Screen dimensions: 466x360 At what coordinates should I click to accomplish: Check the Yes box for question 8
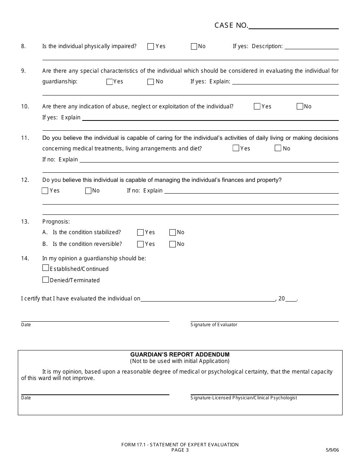(150, 47)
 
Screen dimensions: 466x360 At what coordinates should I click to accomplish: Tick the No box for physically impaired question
(194, 47)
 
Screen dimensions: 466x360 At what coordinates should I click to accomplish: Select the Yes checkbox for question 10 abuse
(257, 106)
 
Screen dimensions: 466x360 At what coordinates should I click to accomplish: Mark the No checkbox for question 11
(278, 148)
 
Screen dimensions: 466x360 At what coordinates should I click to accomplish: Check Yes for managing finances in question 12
(45, 191)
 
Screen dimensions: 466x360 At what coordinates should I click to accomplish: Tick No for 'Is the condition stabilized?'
(172, 233)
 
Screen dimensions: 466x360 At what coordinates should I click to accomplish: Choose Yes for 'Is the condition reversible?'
(140, 244)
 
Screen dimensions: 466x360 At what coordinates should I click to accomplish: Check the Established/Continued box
(46, 268)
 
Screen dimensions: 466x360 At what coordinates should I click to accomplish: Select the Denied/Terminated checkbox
(46, 280)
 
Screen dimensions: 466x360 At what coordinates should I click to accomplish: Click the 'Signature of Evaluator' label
(214, 325)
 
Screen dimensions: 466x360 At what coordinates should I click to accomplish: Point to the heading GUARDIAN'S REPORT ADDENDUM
(180, 355)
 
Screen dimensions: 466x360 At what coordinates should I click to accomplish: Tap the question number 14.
(25, 258)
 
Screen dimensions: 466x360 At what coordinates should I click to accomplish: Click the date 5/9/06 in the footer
(332, 450)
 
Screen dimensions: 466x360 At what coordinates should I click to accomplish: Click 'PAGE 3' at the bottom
(180, 450)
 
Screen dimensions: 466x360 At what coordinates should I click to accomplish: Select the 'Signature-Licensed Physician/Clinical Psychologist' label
(244, 398)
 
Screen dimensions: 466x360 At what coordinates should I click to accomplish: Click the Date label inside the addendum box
(26, 398)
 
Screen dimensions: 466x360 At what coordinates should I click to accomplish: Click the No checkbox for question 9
(151, 82)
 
